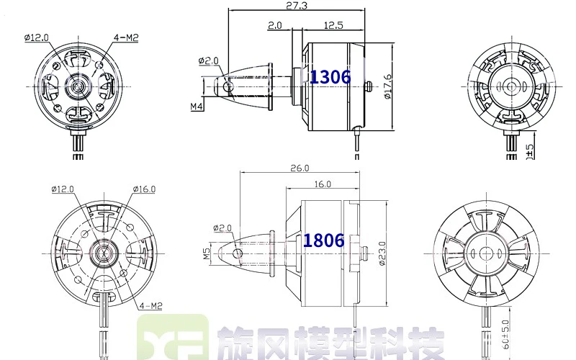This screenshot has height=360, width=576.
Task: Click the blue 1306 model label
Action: click(330, 77)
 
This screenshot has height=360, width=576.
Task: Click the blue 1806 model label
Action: click(323, 240)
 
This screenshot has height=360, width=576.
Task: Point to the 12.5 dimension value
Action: click(333, 24)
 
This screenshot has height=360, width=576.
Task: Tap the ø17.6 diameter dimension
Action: click(387, 87)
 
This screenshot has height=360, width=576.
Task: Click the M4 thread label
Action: click(196, 107)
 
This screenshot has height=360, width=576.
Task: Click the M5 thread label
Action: click(206, 253)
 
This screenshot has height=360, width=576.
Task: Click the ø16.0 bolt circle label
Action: click(143, 189)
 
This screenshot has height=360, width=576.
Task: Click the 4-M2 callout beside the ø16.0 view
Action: click(152, 305)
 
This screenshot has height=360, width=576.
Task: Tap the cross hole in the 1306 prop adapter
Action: click(230, 86)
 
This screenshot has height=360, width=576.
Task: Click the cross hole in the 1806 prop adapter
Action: click(239, 253)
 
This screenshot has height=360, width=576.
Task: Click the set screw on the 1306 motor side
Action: click(368, 87)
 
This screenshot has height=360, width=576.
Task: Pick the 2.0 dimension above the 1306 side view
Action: click(275, 24)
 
